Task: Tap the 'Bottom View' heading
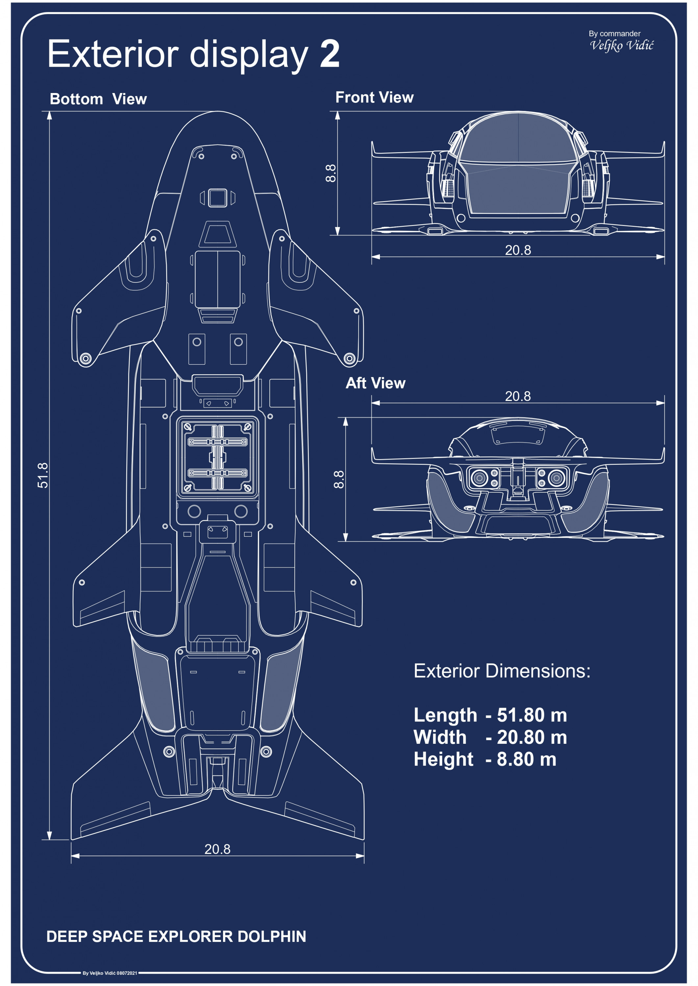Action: point(98,99)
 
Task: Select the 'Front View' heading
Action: point(374,98)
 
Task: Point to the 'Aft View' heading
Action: point(375,383)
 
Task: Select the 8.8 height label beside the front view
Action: point(331,173)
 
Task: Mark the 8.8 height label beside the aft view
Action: point(339,479)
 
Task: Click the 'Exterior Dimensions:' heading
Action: point(502,671)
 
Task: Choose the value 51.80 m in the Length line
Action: point(532,715)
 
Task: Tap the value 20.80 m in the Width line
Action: point(532,737)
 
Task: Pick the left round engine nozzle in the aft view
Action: point(479,478)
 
